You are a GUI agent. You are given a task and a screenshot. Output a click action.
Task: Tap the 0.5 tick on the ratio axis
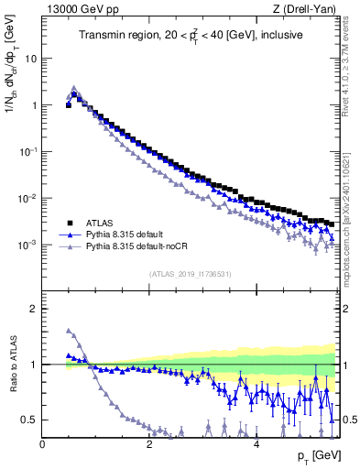pos(31,420)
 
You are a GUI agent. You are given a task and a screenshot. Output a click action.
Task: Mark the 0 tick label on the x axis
pos(42,444)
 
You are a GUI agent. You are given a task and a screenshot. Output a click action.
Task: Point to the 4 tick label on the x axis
pos(256,444)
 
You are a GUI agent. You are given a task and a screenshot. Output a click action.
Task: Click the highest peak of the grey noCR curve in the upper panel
pos(74,88)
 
